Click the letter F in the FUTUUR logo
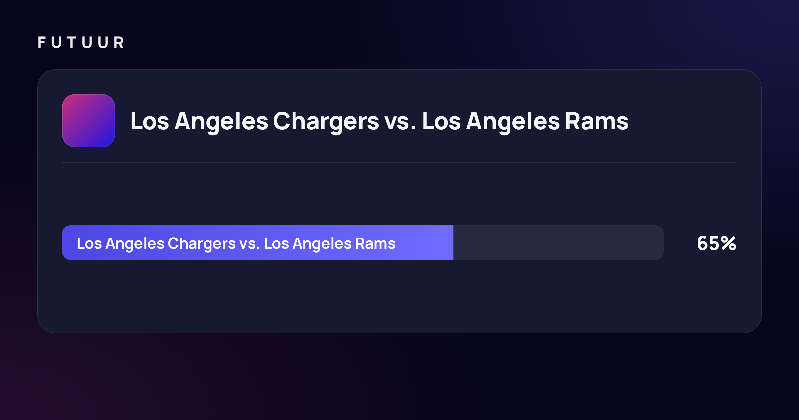42,43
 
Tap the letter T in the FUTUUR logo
72,43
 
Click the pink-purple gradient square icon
89,121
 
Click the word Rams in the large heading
597,121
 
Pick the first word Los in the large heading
150,121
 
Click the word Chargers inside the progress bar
202,244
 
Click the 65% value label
716,243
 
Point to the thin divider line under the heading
400,162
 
